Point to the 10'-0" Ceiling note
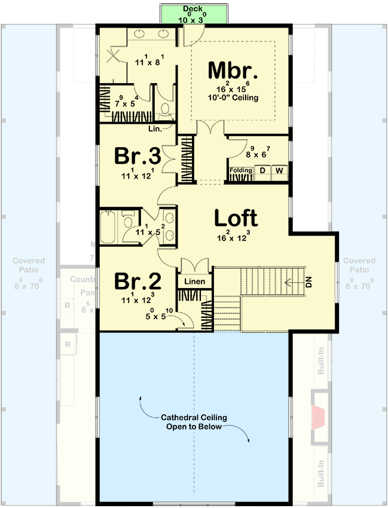(233, 97)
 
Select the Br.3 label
(137, 157)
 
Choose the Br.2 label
(137, 281)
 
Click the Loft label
(236, 219)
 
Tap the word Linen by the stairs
(194, 281)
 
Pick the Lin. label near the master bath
(154, 128)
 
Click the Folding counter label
(241, 171)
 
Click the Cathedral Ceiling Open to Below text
(194, 422)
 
